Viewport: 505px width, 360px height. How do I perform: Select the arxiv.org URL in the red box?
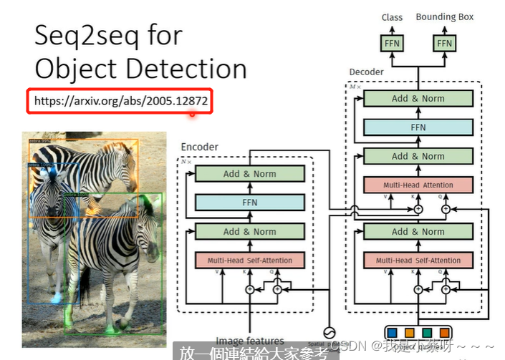[120, 101]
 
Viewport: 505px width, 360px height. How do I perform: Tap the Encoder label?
[199, 147]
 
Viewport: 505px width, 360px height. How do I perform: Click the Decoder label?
[366, 72]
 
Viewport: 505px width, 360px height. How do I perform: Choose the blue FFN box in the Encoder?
[249, 203]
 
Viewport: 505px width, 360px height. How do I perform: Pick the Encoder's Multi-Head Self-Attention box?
[249, 261]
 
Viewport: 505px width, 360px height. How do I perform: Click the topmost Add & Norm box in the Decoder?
[418, 99]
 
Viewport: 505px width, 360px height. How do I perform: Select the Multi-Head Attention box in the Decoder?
[418, 185]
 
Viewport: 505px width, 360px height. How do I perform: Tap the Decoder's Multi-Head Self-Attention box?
[418, 261]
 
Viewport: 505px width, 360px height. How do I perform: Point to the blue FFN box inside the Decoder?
[418, 127]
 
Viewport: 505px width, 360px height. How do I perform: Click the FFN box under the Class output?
[392, 44]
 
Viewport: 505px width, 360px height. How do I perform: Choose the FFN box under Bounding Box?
[444, 44]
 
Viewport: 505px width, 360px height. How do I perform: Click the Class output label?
[392, 17]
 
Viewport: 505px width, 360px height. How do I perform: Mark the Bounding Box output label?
[444, 17]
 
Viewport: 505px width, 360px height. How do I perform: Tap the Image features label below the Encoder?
[249, 341]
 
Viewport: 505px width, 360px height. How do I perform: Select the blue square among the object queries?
[392, 332]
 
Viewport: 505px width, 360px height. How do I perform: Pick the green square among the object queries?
[427, 332]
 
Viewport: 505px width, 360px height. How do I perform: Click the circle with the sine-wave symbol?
[329, 332]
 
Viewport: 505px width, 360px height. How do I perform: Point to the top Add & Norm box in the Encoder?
[249, 173]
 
